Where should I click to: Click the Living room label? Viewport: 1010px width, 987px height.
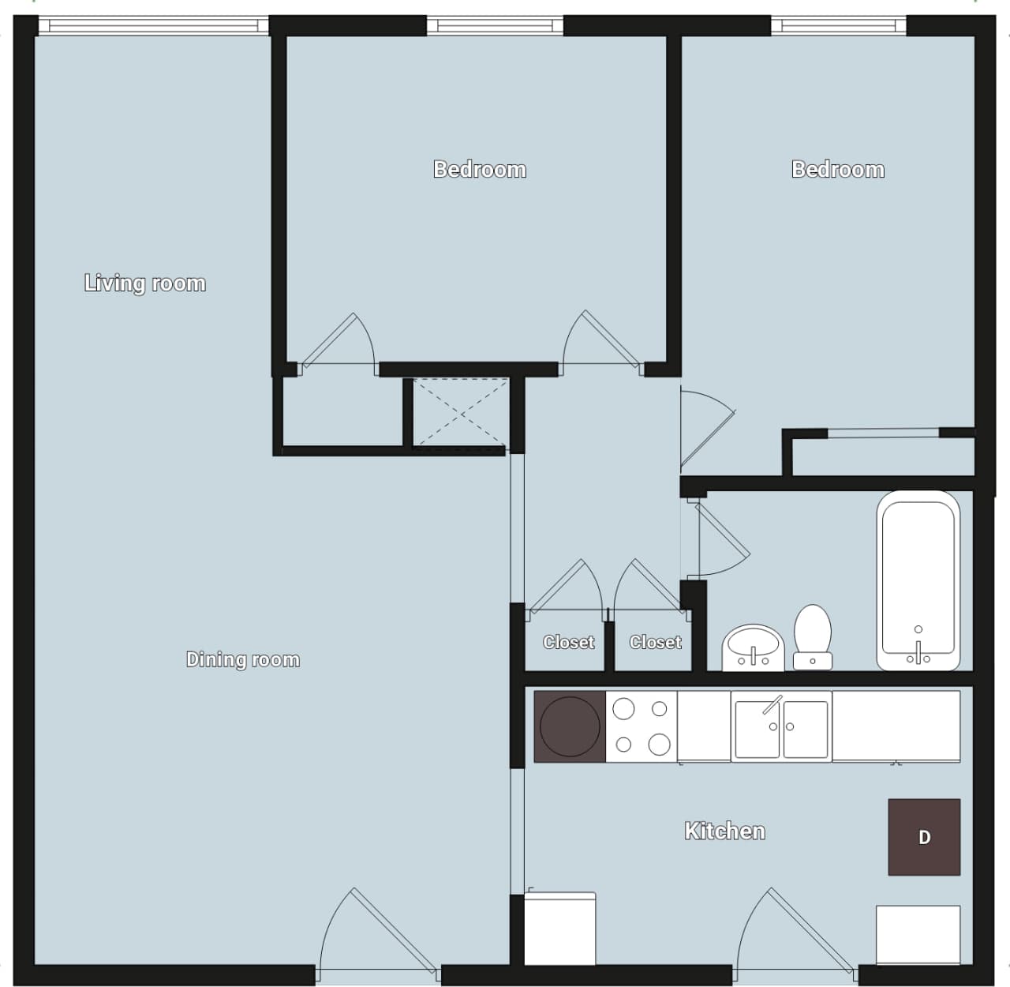point(145,283)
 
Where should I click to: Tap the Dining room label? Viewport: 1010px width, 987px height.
point(243,659)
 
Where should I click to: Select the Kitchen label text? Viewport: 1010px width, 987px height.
point(724,831)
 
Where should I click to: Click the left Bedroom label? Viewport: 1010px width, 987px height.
point(480,169)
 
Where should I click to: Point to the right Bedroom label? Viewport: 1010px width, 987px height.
point(838,169)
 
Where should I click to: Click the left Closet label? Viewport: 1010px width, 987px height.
point(568,642)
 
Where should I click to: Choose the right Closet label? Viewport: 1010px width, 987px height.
point(655,642)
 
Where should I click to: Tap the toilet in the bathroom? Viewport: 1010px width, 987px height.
point(813,636)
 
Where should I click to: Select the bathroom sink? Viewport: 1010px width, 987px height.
point(753,647)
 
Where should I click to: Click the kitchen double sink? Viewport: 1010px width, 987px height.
point(781,726)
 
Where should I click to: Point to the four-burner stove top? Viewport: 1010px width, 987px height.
point(641,726)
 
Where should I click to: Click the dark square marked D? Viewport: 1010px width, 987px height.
point(924,837)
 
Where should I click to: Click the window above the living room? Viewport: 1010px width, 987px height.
point(153,26)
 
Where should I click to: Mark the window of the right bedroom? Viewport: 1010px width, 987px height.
point(838,26)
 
